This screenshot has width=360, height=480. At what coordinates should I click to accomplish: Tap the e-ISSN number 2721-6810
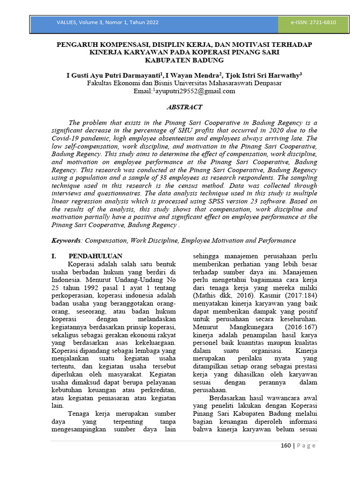point(323,22)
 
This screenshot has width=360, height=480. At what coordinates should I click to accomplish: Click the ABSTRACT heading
point(184,107)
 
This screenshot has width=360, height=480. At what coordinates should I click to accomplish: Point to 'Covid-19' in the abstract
point(66,139)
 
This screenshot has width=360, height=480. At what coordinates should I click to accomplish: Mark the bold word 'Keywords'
point(66,240)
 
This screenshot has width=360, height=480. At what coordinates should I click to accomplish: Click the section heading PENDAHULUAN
point(95,256)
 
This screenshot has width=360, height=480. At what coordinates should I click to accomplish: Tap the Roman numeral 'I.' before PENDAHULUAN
point(54,256)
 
